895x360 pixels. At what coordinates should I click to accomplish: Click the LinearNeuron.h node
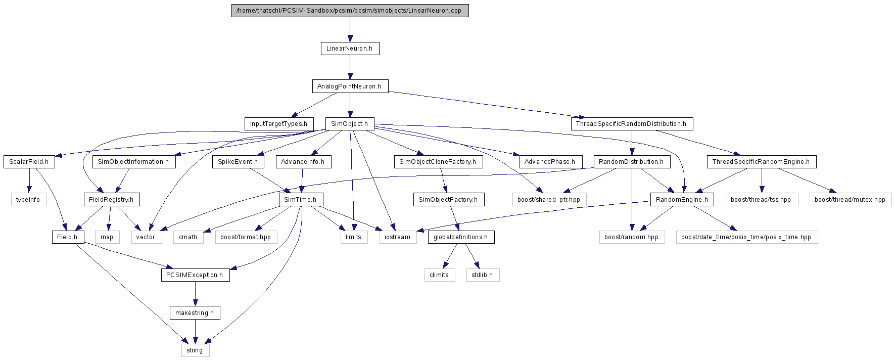pyautogui.click(x=350, y=49)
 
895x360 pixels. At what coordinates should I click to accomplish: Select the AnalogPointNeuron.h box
pyautogui.click(x=350, y=86)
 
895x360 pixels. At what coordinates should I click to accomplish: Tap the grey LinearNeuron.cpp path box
pyautogui.click(x=350, y=11)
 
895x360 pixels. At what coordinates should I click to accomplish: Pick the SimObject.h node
pyautogui.click(x=350, y=124)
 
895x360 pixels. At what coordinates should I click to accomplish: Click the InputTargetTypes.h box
pyautogui.click(x=279, y=124)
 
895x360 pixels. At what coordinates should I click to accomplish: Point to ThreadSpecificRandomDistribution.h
pyautogui.click(x=632, y=124)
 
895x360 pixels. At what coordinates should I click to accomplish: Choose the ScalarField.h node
pyautogui.click(x=29, y=162)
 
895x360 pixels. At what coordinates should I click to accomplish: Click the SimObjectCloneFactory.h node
pyautogui.click(x=438, y=162)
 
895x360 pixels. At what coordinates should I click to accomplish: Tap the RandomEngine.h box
pyautogui.click(x=682, y=200)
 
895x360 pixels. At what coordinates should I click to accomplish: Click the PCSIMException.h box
pyautogui.click(x=195, y=275)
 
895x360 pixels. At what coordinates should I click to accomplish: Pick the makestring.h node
pyautogui.click(x=195, y=313)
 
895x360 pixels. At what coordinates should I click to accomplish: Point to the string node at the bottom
pyautogui.click(x=195, y=350)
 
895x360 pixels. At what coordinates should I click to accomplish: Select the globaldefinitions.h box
pyautogui.click(x=461, y=237)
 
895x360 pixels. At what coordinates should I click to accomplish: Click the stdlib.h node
pyautogui.click(x=483, y=275)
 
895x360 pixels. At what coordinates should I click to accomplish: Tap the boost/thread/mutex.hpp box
pyautogui.click(x=850, y=200)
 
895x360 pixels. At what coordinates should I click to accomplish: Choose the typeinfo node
pyautogui.click(x=28, y=200)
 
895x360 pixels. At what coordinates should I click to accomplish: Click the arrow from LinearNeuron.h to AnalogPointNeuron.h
pyautogui.click(x=350, y=67)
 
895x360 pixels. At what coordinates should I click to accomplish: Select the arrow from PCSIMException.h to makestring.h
pyautogui.click(x=195, y=294)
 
